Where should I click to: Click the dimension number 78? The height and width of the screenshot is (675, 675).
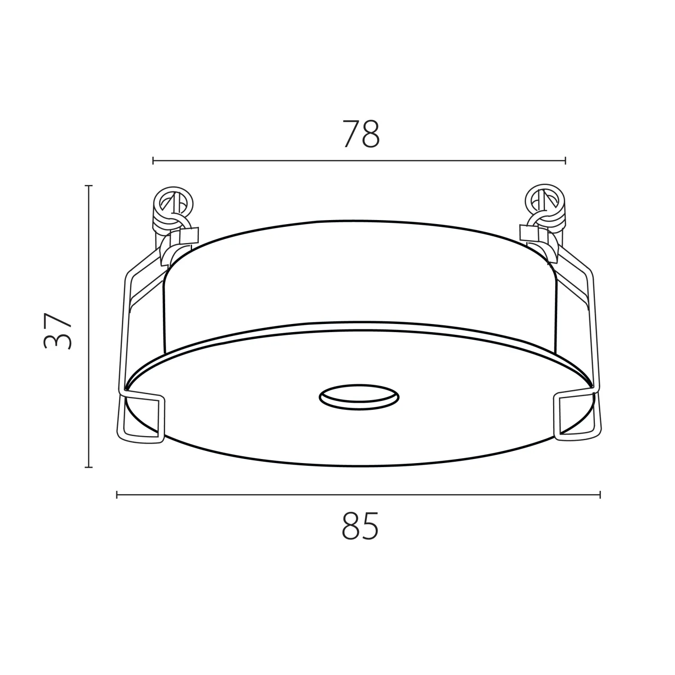[x=361, y=134]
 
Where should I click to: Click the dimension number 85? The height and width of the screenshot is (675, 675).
[x=360, y=526]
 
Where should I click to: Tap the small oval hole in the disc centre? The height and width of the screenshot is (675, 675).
[x=359, y=396]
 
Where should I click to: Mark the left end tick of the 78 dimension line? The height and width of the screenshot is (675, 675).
[x=153, y=160]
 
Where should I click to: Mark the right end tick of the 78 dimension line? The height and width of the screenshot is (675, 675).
[x=565, y=160]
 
